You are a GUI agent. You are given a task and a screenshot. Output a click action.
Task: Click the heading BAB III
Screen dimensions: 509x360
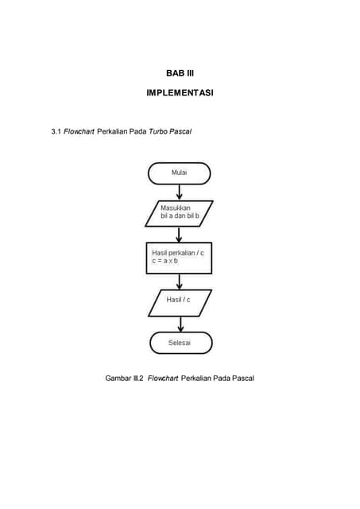180,73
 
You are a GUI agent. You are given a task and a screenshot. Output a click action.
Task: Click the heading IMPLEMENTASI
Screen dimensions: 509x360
180,93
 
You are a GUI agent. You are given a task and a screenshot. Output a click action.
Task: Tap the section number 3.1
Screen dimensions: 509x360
56,130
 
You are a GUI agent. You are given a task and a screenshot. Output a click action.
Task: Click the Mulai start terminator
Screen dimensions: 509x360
179,173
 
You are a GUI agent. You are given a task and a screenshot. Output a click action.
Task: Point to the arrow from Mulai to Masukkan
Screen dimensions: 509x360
179,192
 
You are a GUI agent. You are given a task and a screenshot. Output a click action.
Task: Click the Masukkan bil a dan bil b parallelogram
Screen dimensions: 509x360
179,213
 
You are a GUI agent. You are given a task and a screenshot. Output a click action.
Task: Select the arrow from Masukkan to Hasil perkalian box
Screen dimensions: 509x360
179,234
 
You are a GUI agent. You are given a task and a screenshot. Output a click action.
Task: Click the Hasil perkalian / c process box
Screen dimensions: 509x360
179,258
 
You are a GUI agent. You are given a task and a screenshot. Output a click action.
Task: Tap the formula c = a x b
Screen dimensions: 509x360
165,261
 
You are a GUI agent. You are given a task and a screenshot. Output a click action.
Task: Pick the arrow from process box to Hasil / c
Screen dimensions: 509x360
179,281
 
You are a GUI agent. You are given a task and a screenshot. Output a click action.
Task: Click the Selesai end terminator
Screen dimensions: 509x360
180,343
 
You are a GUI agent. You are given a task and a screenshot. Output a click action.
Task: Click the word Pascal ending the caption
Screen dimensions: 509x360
241,378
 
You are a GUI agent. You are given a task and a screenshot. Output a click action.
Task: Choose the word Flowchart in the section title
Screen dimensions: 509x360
79,130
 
